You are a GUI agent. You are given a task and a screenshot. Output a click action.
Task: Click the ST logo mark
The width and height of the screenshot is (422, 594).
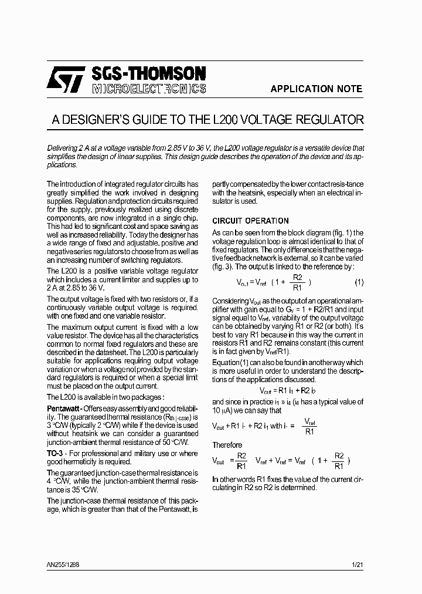click(x=66, y=80)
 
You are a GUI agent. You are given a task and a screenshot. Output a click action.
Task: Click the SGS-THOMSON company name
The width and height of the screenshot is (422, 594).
click(x=149, y=73)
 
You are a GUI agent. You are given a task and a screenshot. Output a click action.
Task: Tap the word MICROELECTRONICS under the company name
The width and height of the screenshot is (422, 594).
click(x=149, y=89)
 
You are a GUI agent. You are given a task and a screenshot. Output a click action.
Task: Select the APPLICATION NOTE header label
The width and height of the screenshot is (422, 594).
click(x=316, y=89)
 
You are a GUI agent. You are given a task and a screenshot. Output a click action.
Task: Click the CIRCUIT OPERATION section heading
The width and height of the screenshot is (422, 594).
click(x=250, y=221)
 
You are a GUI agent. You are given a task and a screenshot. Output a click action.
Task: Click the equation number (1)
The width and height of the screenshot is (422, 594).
click(x=359, y=282)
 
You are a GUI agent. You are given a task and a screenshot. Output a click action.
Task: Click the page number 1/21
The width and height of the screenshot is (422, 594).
click(x=358, y=565)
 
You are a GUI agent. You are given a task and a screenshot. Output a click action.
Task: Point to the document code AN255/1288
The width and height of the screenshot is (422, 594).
click(x=63, y=565)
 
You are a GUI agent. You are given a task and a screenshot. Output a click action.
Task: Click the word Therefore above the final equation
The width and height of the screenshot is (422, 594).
click(x=227, y=445)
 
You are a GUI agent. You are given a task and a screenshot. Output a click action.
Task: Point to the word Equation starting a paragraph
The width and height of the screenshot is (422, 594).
click(x=226, y=363)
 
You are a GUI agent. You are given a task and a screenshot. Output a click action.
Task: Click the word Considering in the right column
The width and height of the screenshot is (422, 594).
click(x=226, y=301)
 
